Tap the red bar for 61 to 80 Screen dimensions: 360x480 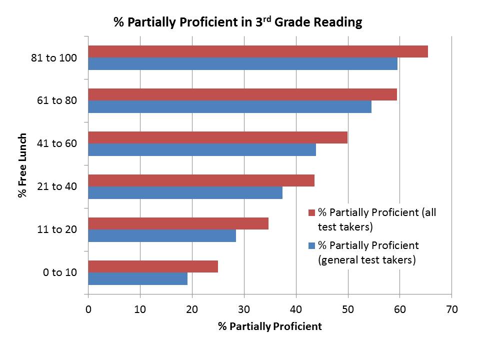(242, 94)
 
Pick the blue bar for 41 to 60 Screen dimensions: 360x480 (202, 149)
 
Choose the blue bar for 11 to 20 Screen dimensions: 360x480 (162, 235)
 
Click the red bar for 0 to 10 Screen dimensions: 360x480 (153, 266)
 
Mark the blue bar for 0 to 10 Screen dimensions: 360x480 (138, 278)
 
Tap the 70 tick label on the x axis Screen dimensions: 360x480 (451, 309)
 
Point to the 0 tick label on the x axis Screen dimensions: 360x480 (88, 309)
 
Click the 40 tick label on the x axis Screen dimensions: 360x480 (296, 309)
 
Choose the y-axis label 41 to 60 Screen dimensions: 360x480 (56, 144)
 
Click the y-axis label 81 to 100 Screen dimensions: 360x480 (54, 58)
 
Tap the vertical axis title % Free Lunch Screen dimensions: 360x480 (22, 165)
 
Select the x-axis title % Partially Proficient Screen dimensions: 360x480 (270, 327)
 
